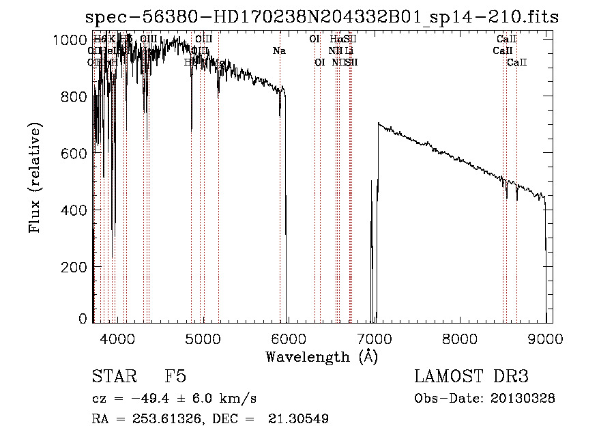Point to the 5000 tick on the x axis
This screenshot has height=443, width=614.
(x=204, y=338)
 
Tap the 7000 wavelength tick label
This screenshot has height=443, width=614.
(x=375, y=338)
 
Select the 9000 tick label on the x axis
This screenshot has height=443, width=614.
(x=546, y=338)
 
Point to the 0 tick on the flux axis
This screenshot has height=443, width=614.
(x=83, y=319)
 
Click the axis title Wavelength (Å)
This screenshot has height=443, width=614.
(x=321, y=356)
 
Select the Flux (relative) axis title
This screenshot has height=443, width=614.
(x=35, y=177)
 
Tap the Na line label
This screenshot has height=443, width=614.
(x=279, y=51)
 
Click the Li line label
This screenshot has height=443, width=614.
(x=349, y=51)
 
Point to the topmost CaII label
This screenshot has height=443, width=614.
(x=507, y=39)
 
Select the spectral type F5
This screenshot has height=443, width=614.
(x=175, y=377)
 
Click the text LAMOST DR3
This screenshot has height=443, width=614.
(x=471, y=377)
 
